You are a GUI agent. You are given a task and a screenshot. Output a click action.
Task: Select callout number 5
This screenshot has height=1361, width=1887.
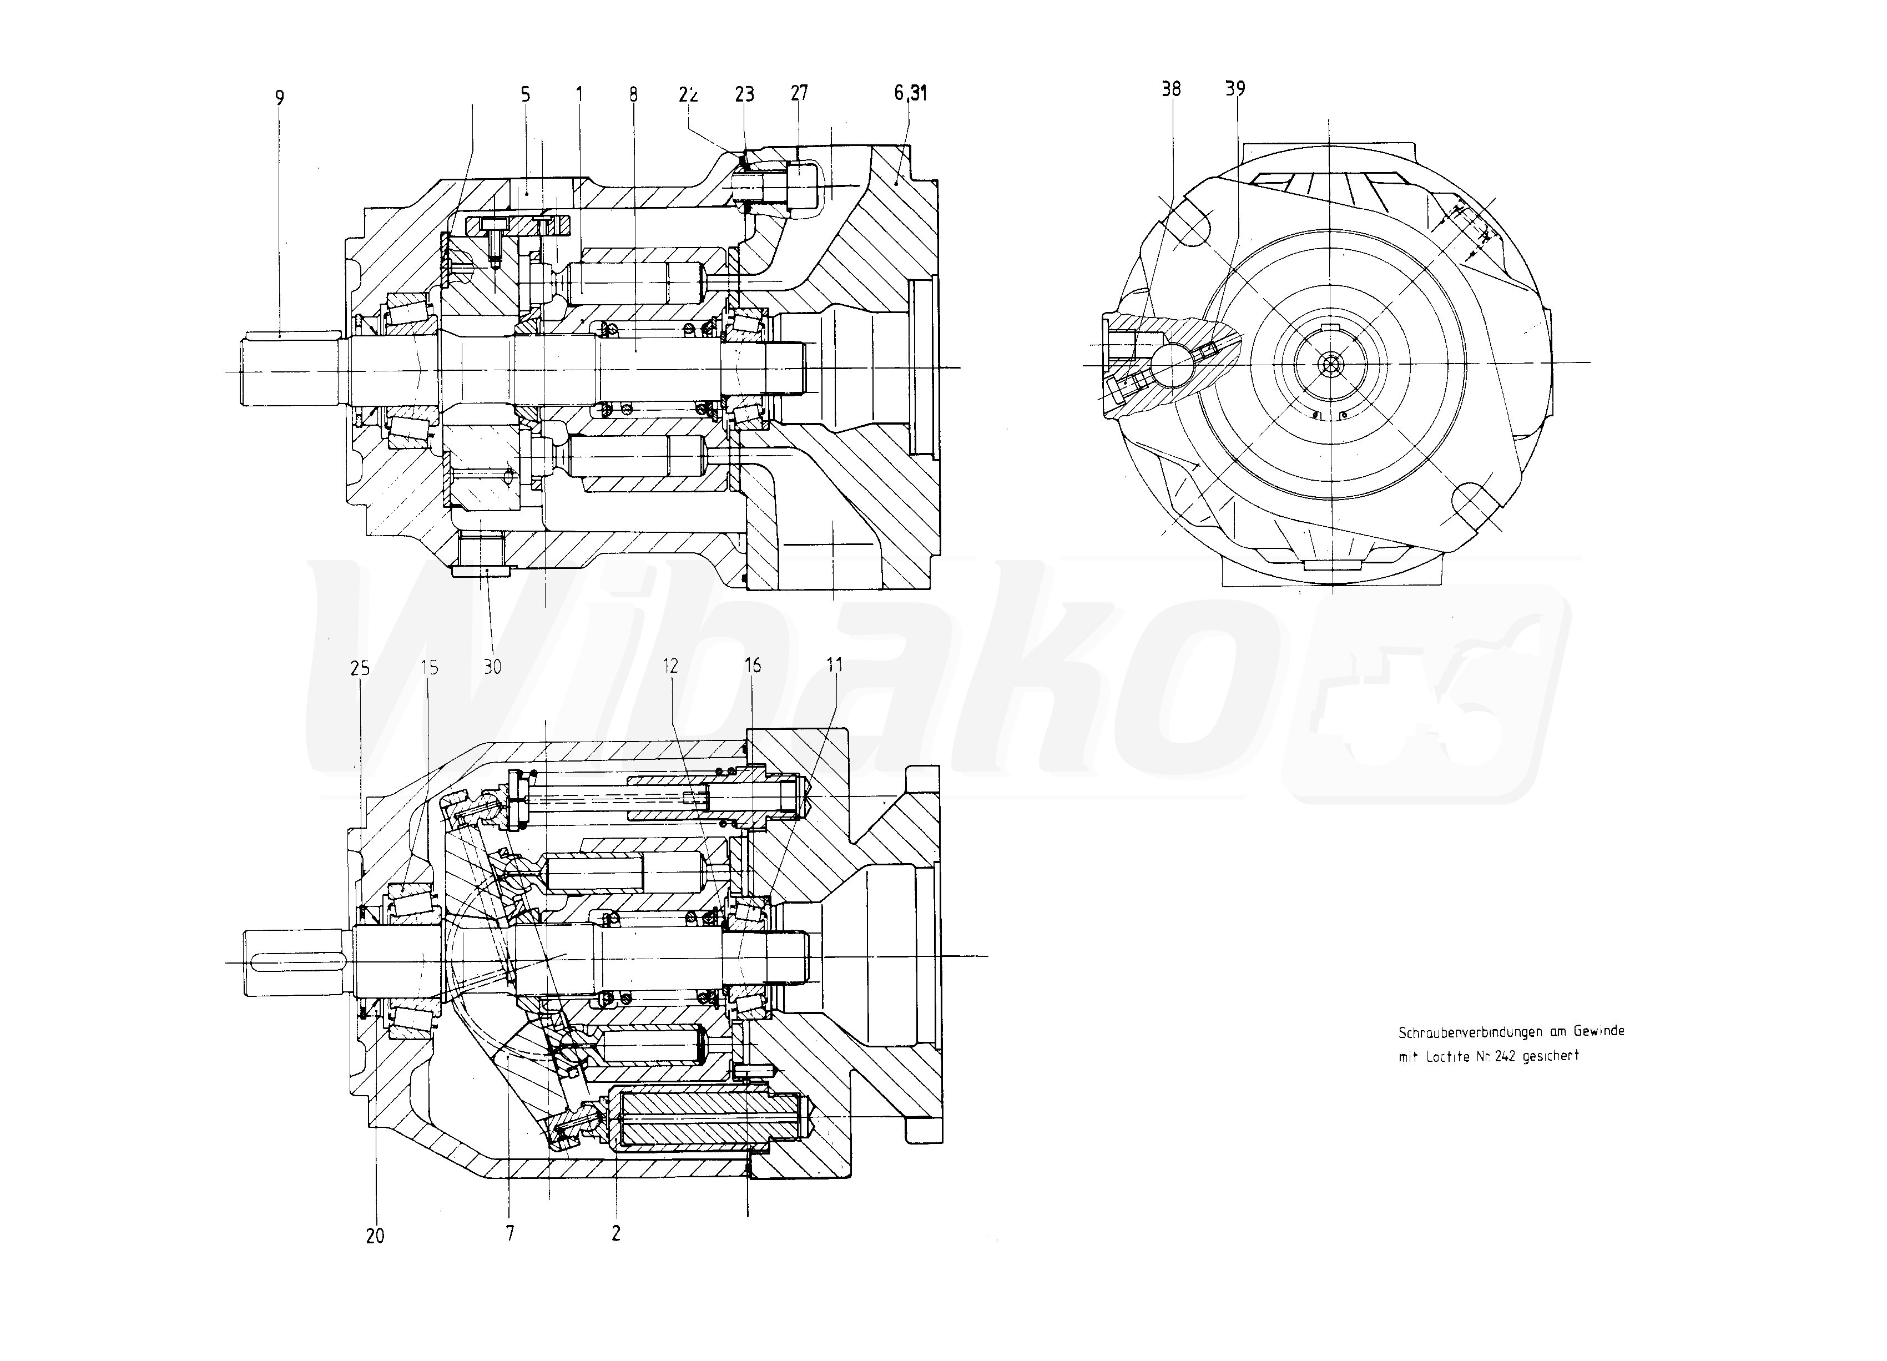point(525,94)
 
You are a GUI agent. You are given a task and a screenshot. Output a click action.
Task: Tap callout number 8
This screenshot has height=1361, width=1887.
point(633,94)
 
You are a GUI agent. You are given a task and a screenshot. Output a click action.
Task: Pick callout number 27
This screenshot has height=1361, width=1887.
point(799,93)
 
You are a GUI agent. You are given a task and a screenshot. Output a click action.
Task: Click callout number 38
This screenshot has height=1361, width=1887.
point(1170,89)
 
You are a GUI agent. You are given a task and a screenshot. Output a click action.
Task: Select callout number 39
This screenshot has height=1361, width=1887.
point(1235,88)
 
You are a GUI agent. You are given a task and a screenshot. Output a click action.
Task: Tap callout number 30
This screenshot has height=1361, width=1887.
point(492,667)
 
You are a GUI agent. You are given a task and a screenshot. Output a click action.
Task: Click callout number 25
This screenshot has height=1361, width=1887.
point(360,668)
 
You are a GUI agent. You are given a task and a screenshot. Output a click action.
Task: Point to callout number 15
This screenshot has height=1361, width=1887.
point(430,667)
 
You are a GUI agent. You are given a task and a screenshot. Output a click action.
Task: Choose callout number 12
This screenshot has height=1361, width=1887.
point(670,666)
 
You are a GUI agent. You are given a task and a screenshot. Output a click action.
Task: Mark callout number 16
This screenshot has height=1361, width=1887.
point(752,665)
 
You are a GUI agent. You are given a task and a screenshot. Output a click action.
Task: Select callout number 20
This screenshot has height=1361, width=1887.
point(375,1236)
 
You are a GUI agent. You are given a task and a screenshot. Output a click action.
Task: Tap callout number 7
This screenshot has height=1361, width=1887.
point(510,1233)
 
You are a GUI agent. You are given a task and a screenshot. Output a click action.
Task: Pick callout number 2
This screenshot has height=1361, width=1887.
point(615,1233)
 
